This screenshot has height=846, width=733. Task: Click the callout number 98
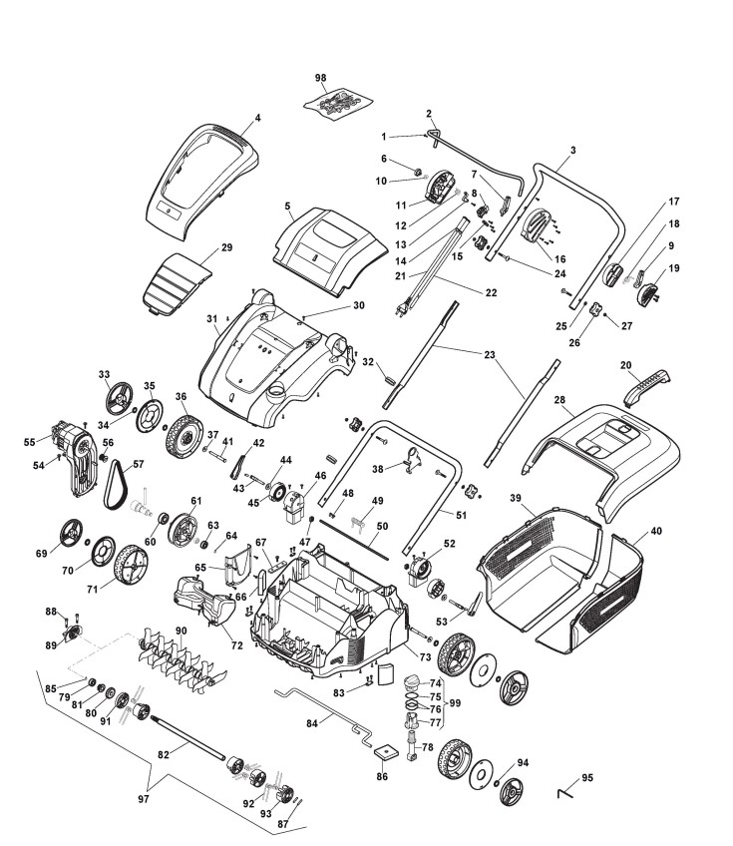tap(320, 77)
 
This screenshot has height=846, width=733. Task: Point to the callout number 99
tap(456, 704)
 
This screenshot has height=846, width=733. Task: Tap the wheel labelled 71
tap(129, 570)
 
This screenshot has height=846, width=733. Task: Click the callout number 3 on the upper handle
tap(572, 151)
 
